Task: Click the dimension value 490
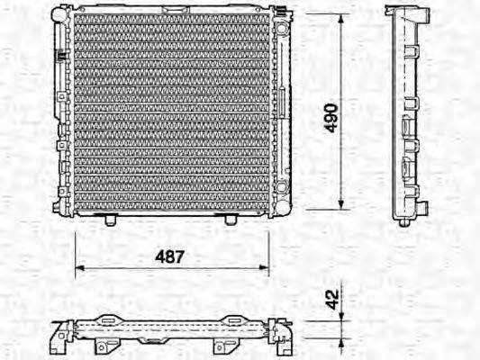click(331, 116)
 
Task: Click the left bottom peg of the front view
click(109, 220)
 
